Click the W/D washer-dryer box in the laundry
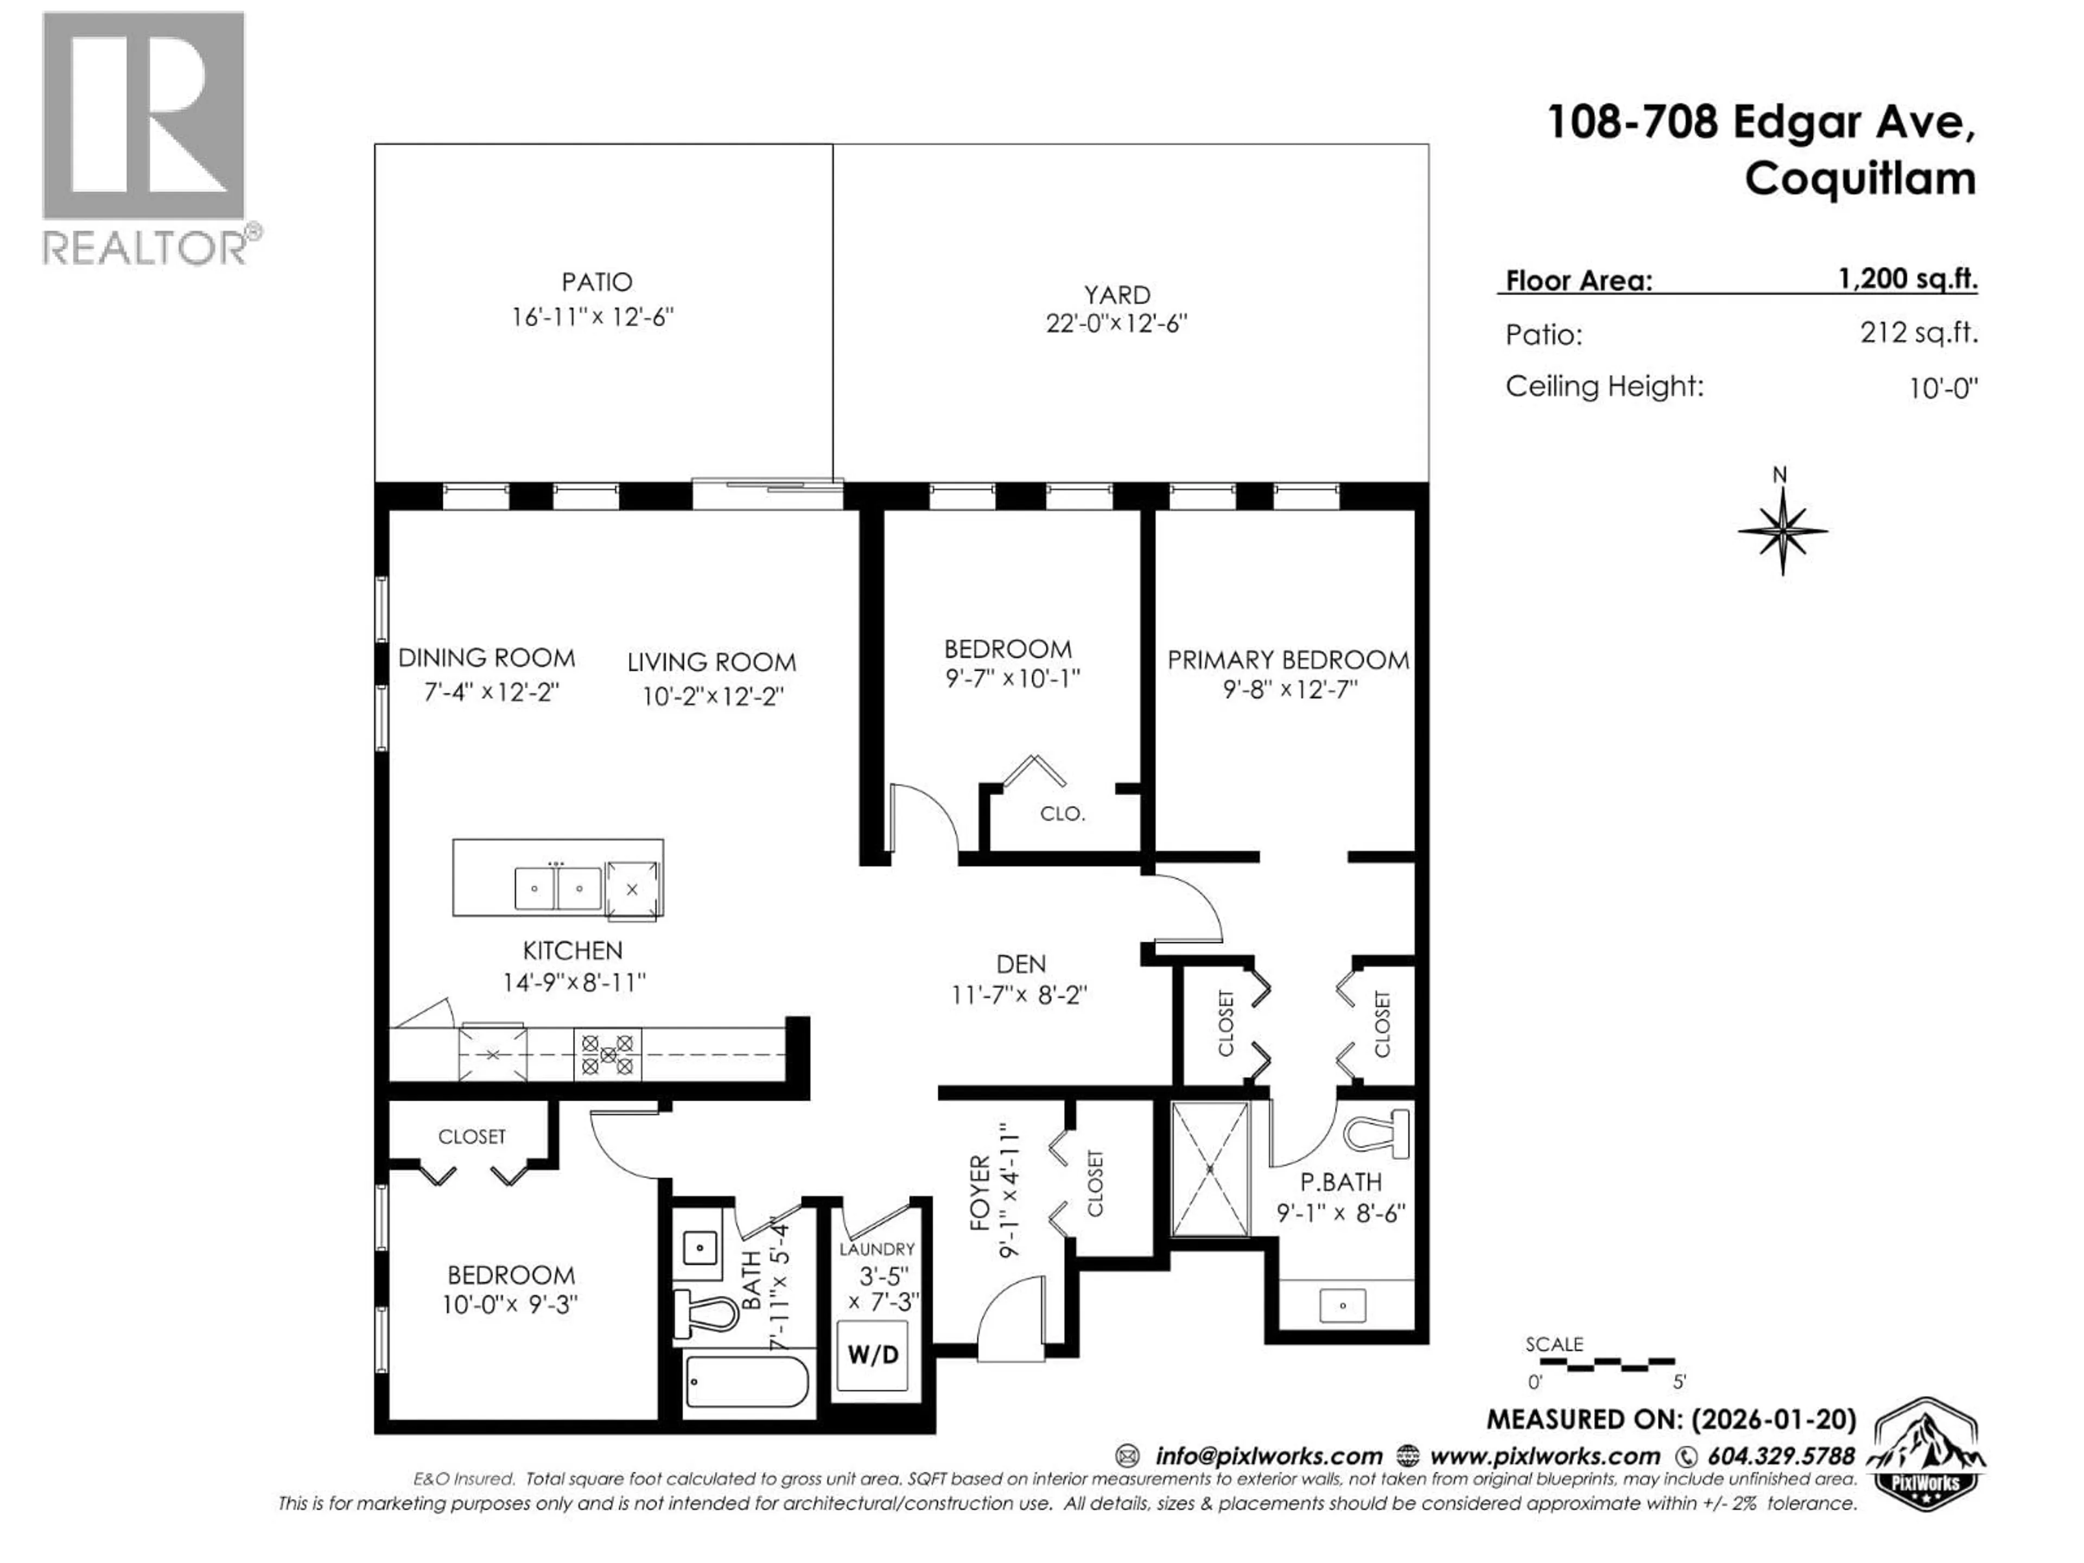tap(873, 1356)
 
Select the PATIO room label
tap(596, 282)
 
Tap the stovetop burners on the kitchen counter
tap(608, 1054)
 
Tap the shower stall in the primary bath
tap(1210, 1168)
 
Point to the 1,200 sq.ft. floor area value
tap(1907, 279)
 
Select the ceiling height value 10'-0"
tap(1943, 388)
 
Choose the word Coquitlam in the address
tap(1860, 179)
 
